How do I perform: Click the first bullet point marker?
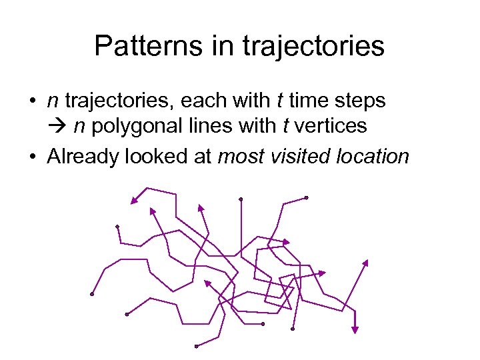(x=32, y=101)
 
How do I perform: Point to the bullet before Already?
(x=32, y=157)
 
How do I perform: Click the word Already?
(x=81, y=157)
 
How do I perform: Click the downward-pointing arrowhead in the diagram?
(x=355, y=328)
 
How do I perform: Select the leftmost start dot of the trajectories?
(x=91, y=294)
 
